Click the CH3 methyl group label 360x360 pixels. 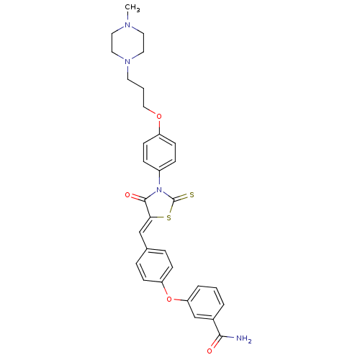tap(132, 8)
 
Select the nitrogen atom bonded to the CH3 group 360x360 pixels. tap(127, 24)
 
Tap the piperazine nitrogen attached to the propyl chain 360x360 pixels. tap(127, 61)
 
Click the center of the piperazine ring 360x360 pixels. tap(127, 43)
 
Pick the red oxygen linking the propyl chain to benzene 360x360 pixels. tap(159, 117)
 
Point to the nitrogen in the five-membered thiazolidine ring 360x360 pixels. tap(158, 190)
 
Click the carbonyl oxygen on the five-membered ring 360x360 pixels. tap(127, 195)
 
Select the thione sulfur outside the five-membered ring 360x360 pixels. tap(192, 195)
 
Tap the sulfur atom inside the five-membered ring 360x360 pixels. tap(169, 218)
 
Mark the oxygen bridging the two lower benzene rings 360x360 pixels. tap(169, 300)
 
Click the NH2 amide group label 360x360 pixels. tap(244, 338)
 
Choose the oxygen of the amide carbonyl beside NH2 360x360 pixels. tap(210, 351)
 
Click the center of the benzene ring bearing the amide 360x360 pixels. tap(206, 302)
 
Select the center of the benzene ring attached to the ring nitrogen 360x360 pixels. tap(159, 153)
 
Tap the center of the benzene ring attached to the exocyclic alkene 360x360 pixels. tap(154, 266)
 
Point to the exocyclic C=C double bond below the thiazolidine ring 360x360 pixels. tap(145, 225)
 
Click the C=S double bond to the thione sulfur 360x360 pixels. tap(181, 197)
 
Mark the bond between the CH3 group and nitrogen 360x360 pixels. tap(128, 17)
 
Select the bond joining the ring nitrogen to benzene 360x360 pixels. tap(159, 179)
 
